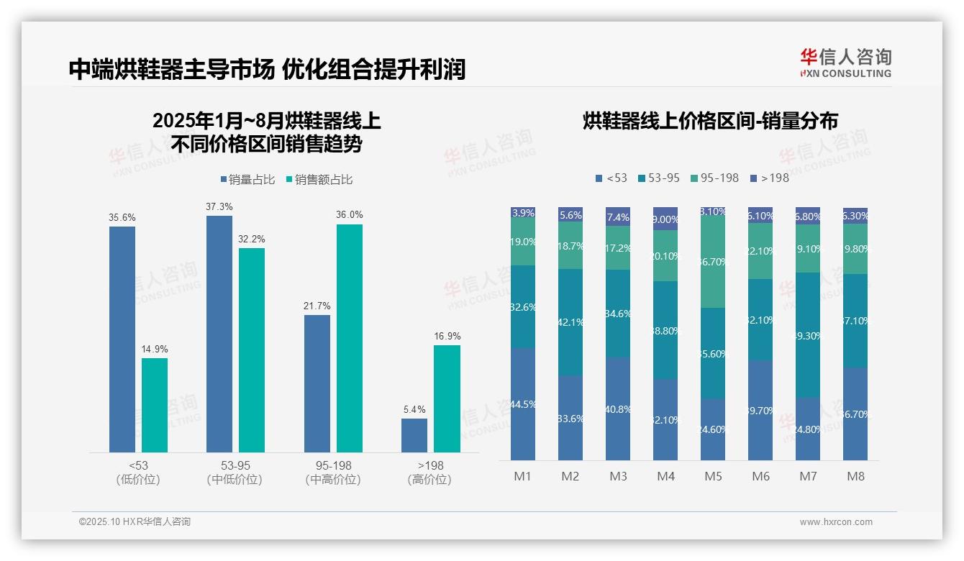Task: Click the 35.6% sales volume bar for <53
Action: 122,339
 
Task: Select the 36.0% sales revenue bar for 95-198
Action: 349,338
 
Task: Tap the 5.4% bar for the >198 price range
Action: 414,435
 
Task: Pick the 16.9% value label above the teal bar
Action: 447,336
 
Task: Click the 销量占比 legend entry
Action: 247,180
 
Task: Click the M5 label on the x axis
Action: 713,476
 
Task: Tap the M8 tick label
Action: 855,476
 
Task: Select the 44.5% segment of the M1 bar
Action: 522,404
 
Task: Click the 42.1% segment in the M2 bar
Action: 570,322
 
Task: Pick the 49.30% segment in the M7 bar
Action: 808,335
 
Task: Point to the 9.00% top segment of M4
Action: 665,219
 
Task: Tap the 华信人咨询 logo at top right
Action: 845,63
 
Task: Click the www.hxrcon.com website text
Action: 836,522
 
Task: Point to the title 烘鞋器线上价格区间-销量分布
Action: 710,121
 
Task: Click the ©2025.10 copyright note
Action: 135,522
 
